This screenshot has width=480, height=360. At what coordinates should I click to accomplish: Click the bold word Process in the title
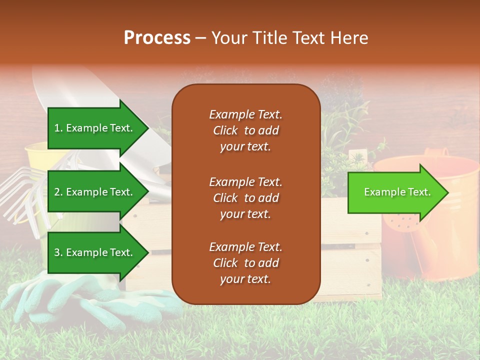pyautogui.click(x=157, y=38)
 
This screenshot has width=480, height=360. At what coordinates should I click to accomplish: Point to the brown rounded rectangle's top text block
pyautogui.click(x=245, y=130)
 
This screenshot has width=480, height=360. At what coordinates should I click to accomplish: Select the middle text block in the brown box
pyautogui.click(x=245, y=198)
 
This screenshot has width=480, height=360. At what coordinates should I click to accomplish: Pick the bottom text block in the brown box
pyautogui.click(x=245, y=263)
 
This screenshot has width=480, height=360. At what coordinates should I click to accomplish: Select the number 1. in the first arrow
pyautogui.click(x=58, y=128)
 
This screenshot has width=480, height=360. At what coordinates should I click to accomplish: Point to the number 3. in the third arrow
pyautogui.click(x=58, y=252)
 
